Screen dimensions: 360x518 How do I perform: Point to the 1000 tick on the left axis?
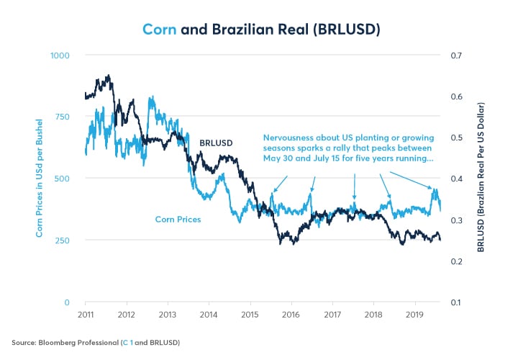click(x=60, y=55)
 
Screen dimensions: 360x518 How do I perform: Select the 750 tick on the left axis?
click(x=63, y=117)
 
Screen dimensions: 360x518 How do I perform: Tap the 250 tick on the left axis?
click(x=63, y=240)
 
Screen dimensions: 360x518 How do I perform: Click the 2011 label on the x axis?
click(x=85, y=315)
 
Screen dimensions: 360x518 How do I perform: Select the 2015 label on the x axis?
click(x=250, y=315)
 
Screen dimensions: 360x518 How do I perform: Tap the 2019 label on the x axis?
click(x=414, y=315)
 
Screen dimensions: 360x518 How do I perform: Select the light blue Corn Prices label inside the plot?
click(x=178, y=219)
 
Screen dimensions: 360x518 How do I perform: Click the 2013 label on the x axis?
click(x=168, y=315)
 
